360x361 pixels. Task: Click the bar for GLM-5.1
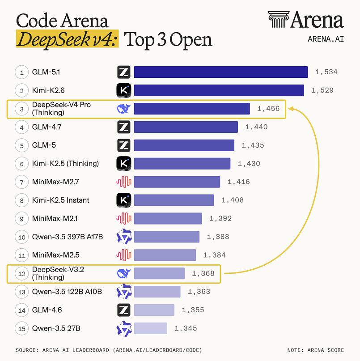pos(220,72)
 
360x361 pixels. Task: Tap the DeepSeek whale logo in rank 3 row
pos(123,109)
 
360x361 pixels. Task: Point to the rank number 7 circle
pos(21,182)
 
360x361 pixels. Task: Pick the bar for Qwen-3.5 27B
pos(150,328)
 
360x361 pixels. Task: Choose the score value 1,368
pos(203,273)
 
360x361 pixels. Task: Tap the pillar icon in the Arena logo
pos(278,20)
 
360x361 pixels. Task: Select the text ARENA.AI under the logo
pos(326,38)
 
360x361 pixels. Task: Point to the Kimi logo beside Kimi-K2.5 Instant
pos(123,200)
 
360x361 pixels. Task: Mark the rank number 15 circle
pos(21,328)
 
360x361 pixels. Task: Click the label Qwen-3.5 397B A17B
pos(68,237)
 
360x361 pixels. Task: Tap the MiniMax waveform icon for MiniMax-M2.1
pos(123,218)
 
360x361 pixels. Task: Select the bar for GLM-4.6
pos(154,310)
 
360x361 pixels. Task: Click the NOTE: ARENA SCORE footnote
pos(316,350)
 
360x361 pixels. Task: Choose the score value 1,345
pos(186,328)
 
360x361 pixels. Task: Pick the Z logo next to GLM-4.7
pos(123,127)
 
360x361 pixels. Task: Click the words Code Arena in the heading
pos(62,21)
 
